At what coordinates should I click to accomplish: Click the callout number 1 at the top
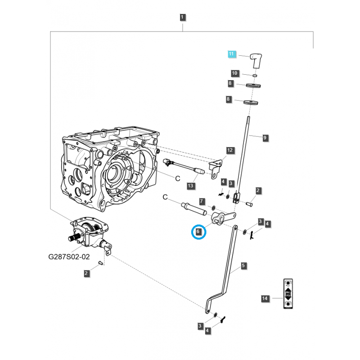tap(183, 18)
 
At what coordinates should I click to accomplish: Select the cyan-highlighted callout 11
tap(231, 54)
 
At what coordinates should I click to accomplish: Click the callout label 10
tap(234, 73)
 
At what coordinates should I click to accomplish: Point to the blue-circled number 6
tap(198, 233)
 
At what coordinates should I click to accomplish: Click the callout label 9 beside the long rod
tap(265, 138)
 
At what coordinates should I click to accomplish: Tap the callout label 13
tap(190, 186)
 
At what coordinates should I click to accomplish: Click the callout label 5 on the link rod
tap(243, 266)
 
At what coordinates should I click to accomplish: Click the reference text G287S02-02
tap(69, 258)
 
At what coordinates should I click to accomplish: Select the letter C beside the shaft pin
tap(165, 197)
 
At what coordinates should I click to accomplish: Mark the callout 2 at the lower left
tap(86, 273)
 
